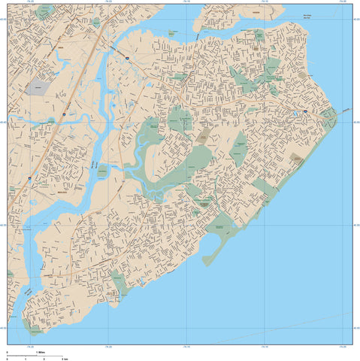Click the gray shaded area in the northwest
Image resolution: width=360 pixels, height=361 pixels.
pyautogui.click(x=37, y=87)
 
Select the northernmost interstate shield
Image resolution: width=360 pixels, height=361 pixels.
pyautogui.click(x=128, y=57)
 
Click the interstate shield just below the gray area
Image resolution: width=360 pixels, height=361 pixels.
pyautogui.click(x=64, y=114)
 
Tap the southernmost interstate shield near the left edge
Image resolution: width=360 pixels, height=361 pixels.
pyautogui.click(x=29, y=177)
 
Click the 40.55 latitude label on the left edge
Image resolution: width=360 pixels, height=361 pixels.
pyautogui.click(x=3, y=223)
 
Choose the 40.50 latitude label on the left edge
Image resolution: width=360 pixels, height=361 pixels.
pyautogui.click(x=3, y=327)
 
